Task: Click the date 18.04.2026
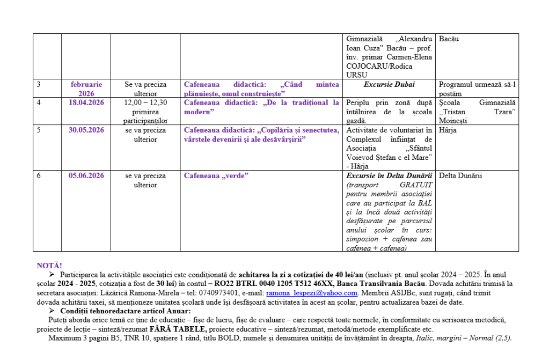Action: (86, 102)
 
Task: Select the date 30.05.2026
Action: (86, 130)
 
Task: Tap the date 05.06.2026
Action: (86, 175)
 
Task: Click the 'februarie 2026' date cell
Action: (86, 89)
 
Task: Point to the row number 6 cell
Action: (39, 175)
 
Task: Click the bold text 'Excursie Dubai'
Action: (389, 84)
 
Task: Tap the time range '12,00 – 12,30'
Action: (145, 102)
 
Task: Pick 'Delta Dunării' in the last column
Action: (460, 175)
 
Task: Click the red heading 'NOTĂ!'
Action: (49, 266)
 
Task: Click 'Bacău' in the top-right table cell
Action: (449, 39)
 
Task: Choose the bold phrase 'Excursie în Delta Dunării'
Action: (389, 175)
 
